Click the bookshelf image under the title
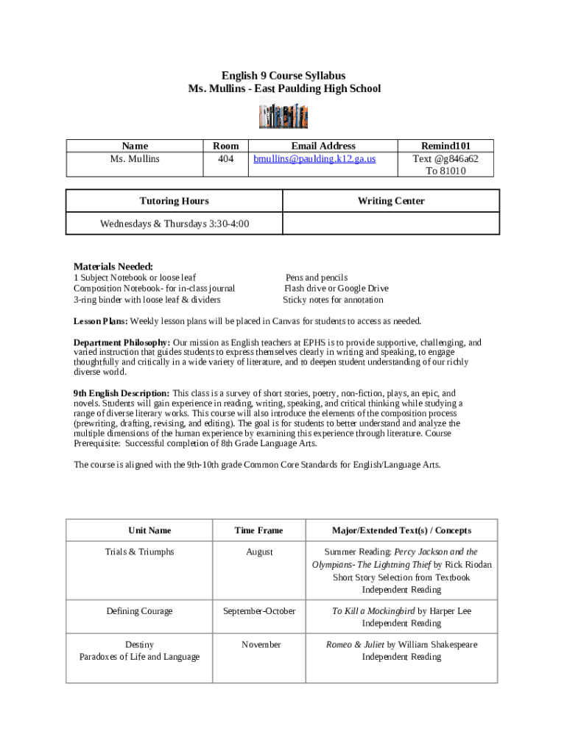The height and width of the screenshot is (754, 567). click(283, 116)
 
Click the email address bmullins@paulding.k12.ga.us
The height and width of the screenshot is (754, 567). click(314, 158)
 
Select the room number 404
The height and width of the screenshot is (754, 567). click(225, 158)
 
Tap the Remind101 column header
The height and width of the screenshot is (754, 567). click(445, 146)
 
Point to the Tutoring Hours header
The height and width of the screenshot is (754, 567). click(174, 201)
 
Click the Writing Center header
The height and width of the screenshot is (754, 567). click(391, 201)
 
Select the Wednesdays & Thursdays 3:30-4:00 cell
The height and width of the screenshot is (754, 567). click(174, 223)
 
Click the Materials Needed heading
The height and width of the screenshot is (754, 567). click(113, 266)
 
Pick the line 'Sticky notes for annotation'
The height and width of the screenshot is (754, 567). click(333, 300)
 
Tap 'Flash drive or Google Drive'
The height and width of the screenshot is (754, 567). click(336, 289)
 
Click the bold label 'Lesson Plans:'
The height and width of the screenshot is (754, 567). click(101, 321)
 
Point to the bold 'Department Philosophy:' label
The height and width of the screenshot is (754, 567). click(122, 342)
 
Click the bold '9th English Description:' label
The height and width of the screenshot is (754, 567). click(121, 393)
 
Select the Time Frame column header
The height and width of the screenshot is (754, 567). click(258, 530)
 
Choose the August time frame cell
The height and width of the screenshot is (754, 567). click(259, 552)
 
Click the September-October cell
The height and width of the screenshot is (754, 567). click(259, 611)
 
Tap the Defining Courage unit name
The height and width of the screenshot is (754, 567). click(139, 611)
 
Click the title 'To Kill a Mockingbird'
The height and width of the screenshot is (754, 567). click(373, 611)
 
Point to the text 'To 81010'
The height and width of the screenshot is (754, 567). click(445, 171)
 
